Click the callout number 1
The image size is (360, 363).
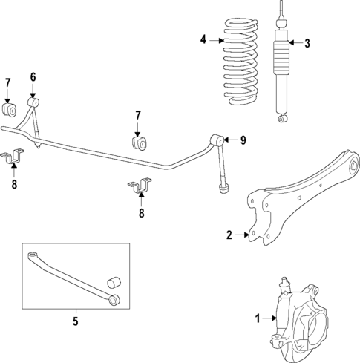pyautogui.click(x=258, y=318)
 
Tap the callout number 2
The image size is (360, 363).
pyautogui.click(x=229, y=235)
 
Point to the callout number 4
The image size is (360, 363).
pyautogui.click(x=203, y=39)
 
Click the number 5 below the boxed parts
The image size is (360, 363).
pyautogui.click(x=75, y=321)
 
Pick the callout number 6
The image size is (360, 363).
pyautogui.click(x=33, y=76)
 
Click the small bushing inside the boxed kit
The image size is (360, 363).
pyautogui.click(x=115, y=283)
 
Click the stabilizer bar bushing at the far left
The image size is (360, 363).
pyautogui.click(x=10, y=109)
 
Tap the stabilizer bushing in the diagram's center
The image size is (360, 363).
pyautogui.click(x=138, y=141)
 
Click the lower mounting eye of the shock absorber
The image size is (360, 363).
pyautogui.click(x=281, y=117)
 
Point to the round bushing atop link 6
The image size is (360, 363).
pyautogui.click(x=33, y=100)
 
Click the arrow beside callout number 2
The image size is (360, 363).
pyautogui.click(x=243, y=235)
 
